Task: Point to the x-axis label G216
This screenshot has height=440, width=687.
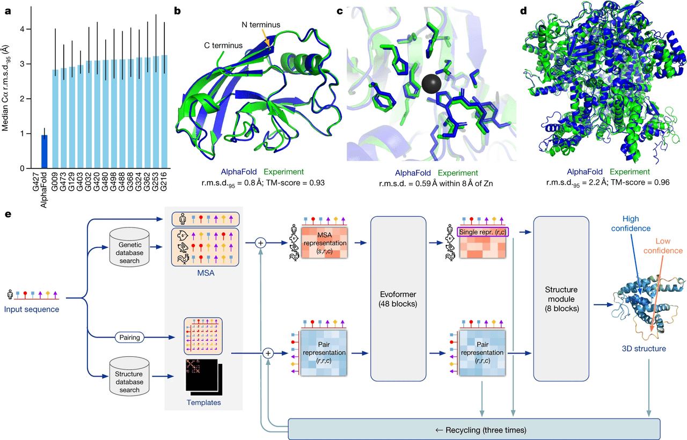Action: pyautogui.click(x=164, y=185)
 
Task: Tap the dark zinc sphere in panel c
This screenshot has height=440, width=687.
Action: pyautogui.click(x=432, y=85)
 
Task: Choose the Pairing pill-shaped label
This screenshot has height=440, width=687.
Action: pyautogui.click(x=130, y=338)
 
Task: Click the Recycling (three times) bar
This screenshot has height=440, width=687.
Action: pyautogui.click(x=473, y=429)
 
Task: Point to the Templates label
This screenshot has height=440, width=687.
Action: pyautogui.click(x=203, y=402)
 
